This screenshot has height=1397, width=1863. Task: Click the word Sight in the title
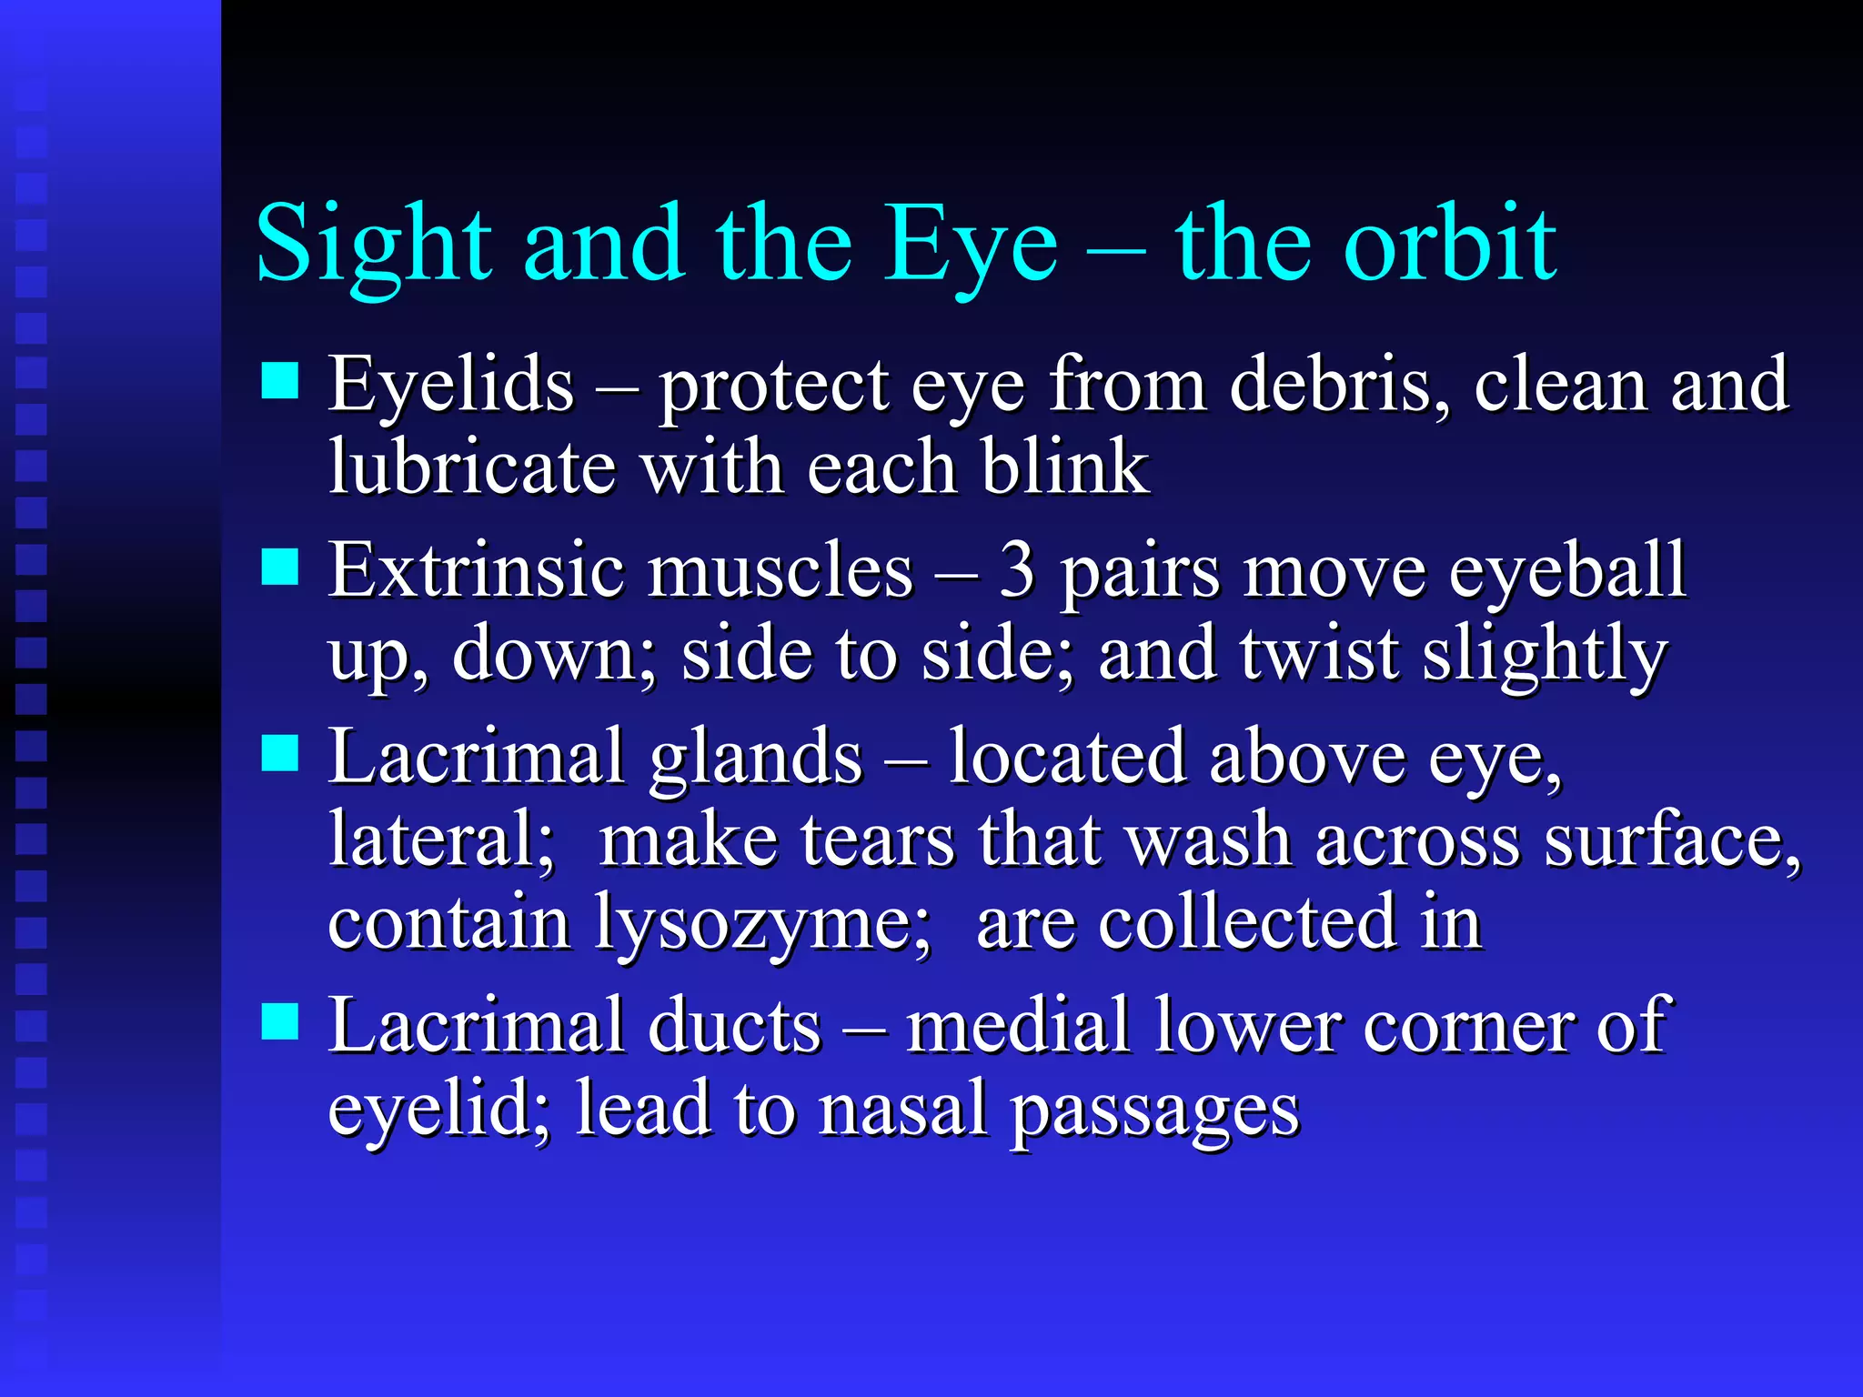click(374, 244)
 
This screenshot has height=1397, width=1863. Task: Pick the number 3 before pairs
click(1017, 571)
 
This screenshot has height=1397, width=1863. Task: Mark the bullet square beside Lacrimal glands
click(280, 753)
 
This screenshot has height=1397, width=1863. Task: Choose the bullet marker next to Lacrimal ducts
click(280, 1020)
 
